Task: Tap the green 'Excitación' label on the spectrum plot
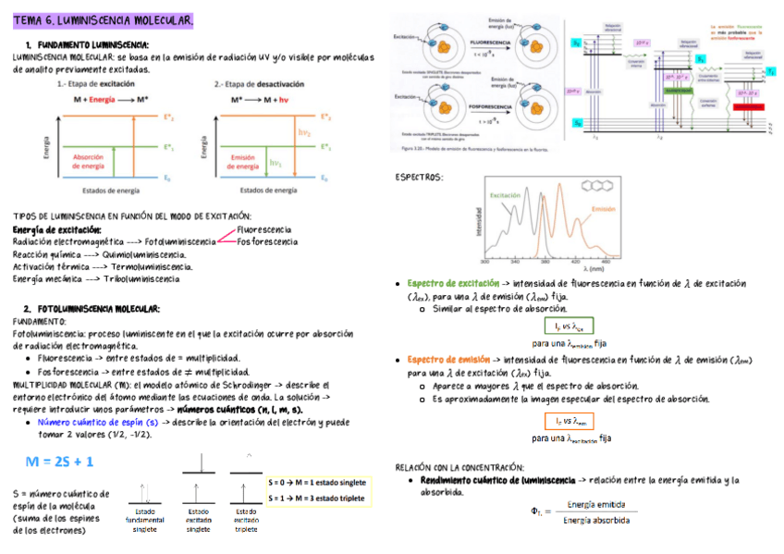tap(505, 196)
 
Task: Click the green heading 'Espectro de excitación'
tap(453, 284)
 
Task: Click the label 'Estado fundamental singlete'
tap(145, 520)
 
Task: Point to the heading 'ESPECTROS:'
tap(419, 177)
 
